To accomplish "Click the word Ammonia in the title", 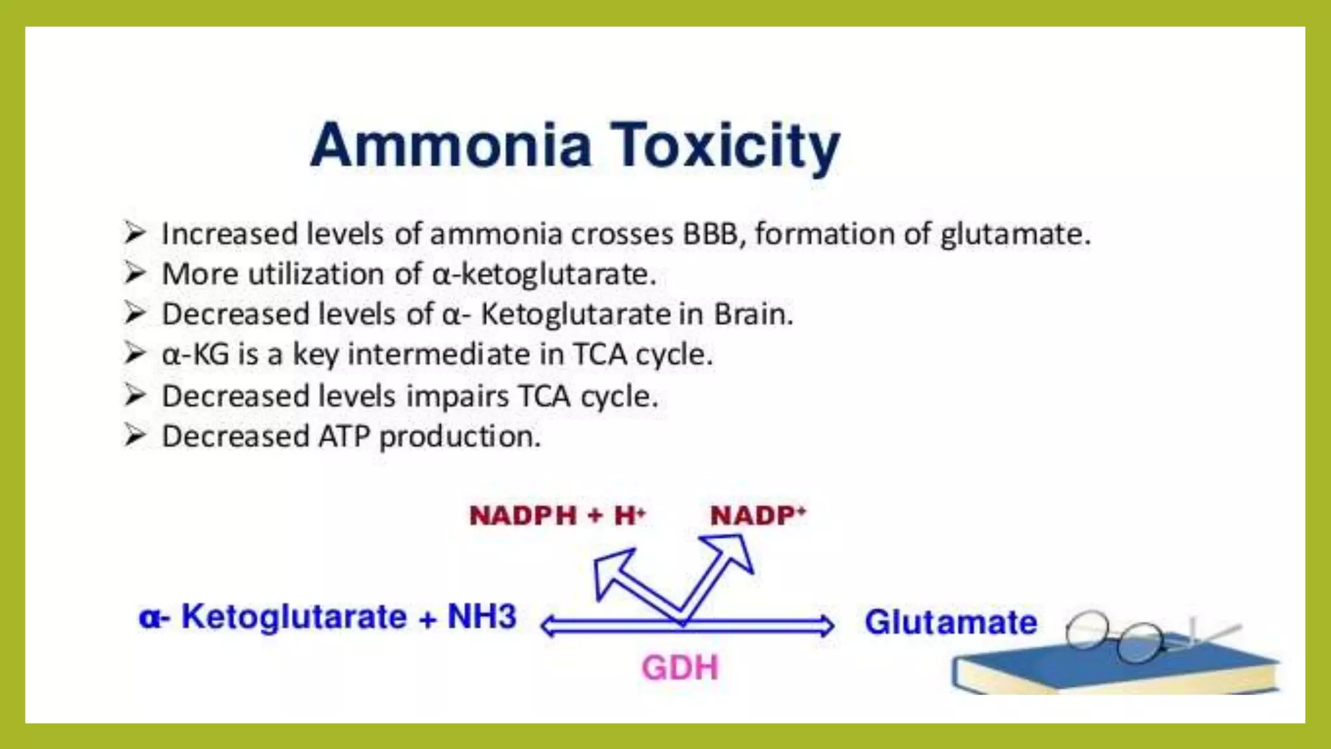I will pos(451,145).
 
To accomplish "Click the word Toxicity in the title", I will pos(725,146).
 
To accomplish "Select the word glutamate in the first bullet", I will pos(1014,234).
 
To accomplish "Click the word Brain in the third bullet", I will pos(753,314).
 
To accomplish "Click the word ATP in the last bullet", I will pos(344,436).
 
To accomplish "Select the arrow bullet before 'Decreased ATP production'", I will pos(135,435).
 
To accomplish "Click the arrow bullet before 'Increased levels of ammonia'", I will pos(135,232).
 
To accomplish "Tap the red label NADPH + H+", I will pos(557,516).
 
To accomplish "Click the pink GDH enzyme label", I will pos(680,668).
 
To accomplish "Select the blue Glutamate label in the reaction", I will pos(950,622).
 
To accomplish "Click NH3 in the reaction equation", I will pos(482,616).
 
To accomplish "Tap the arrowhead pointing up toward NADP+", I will pos(733,551).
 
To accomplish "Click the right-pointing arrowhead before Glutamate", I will pos(825,625).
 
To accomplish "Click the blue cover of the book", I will pos(1105,666).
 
